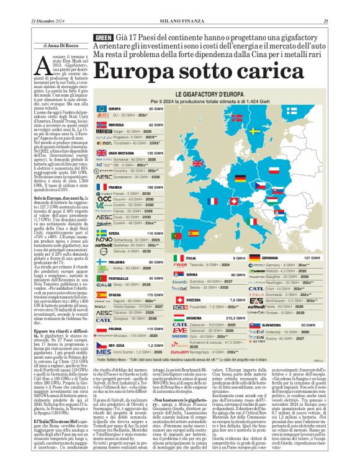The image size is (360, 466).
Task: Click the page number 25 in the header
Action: coord(342,23)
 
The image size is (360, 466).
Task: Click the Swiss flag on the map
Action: coord(235,202)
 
